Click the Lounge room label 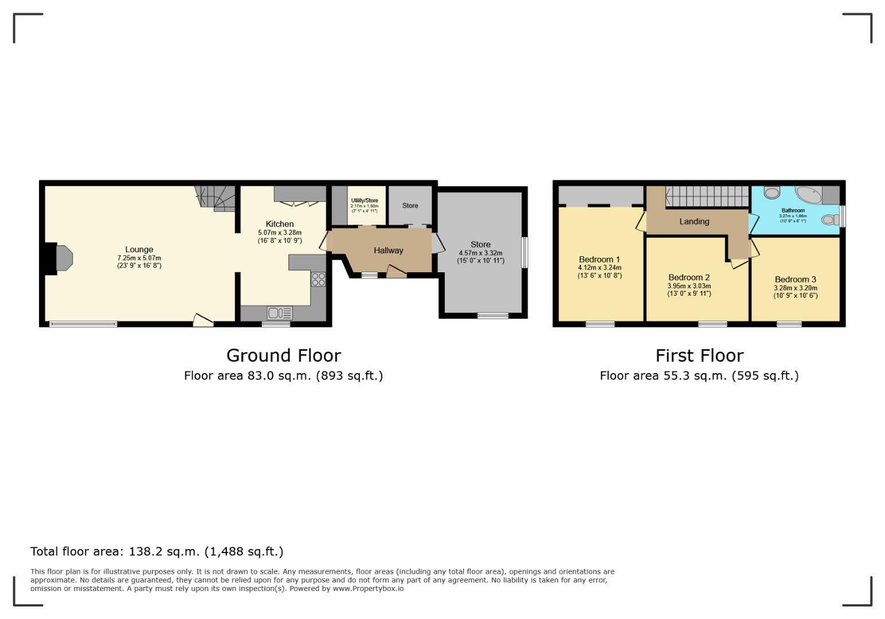139,249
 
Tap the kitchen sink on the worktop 279,313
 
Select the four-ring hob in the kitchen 318,279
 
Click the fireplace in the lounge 60,258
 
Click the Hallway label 388,250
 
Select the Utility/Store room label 365,201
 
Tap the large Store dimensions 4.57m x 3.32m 480,253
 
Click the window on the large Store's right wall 524,252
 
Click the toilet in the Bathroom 829,220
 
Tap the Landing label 694,221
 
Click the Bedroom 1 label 599,259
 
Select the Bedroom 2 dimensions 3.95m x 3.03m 688,286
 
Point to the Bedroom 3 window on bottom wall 789,324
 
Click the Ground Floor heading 283,355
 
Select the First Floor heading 699,355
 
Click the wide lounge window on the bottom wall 83,324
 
